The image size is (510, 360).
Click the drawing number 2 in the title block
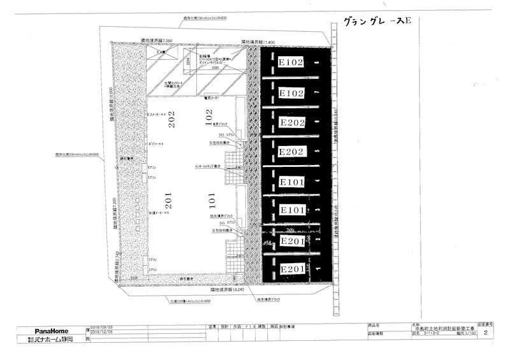pyautogui.click(x=486, y=333)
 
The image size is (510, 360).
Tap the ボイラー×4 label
pyautogui.click(x=156, y=144)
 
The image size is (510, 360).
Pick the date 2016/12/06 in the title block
pyautogui.click(x=103, y=332)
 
